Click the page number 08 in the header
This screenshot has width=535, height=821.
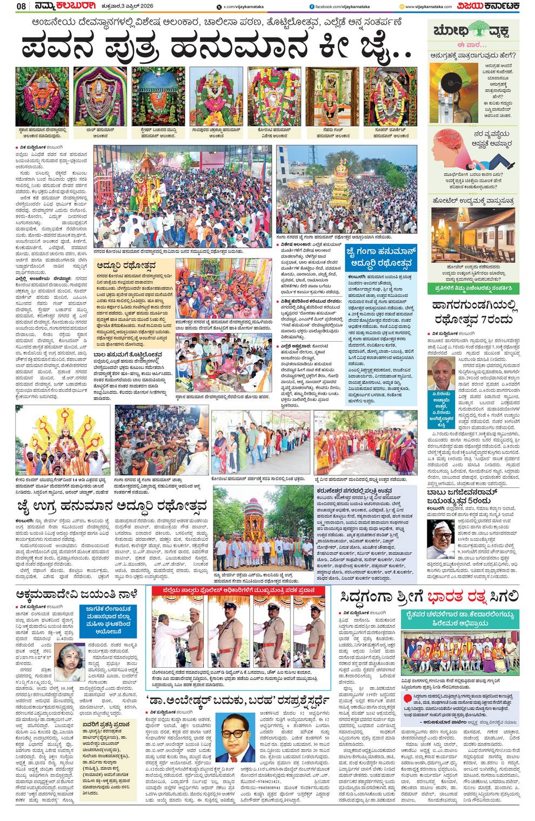pos(21,6)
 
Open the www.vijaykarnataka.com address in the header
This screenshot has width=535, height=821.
pos(430,6)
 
